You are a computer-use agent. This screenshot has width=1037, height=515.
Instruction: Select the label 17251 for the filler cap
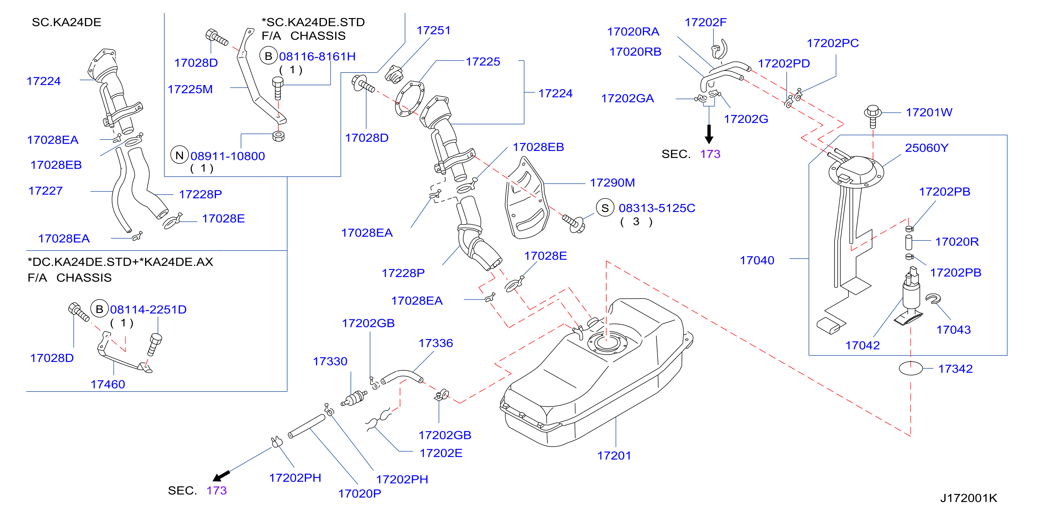(433, 30)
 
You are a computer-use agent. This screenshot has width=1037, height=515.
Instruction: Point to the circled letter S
(605, 208)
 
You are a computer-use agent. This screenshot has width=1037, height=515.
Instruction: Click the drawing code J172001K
(969, 498)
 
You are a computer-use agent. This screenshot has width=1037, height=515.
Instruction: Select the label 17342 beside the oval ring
(955, 369)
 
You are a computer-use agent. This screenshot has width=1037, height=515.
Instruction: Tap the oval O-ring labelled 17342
(911, 368)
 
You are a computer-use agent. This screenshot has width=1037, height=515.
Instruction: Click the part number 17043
(953, 330)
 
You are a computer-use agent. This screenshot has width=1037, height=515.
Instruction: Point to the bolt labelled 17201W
(872, 116)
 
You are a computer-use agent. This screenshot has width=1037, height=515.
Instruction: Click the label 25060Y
(926, 148)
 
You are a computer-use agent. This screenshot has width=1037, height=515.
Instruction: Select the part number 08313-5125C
(657, 208)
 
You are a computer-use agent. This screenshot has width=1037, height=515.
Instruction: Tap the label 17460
(108, 384)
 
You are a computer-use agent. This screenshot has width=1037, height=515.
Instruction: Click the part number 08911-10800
(227, 156)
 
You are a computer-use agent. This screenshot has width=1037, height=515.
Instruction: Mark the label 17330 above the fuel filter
(330, 361)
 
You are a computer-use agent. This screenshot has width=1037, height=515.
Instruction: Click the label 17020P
(359, 494)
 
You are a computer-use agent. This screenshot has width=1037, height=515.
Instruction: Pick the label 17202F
(705, 23)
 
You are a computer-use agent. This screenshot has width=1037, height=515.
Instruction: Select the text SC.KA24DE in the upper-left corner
(66, 22)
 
